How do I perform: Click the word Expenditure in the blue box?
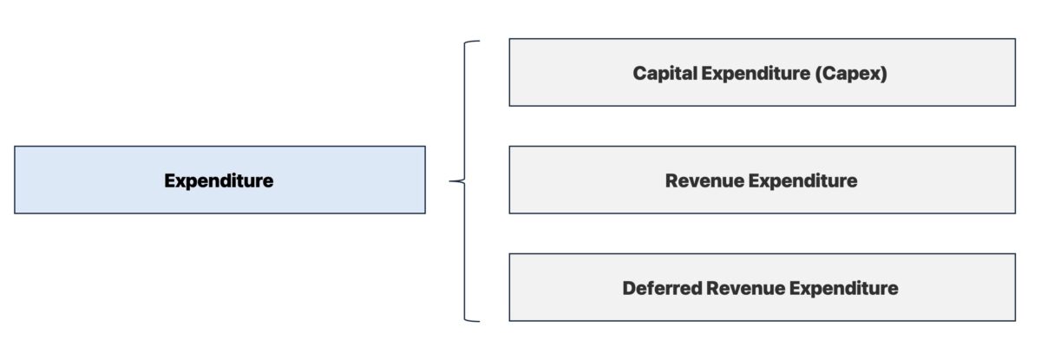pos(219,180)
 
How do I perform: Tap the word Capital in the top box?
pos(664,73)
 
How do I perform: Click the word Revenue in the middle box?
pos(704,180)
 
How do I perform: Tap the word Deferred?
pos(660,288)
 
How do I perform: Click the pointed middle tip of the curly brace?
pos(451,181)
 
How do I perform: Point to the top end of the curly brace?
pos(477,41)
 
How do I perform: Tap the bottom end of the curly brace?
pos(477,321)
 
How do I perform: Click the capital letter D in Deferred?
pos(629,288)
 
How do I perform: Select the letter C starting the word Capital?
pos(639,73)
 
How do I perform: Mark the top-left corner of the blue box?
pos(15,147)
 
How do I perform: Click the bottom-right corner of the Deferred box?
pos(1015,321)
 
